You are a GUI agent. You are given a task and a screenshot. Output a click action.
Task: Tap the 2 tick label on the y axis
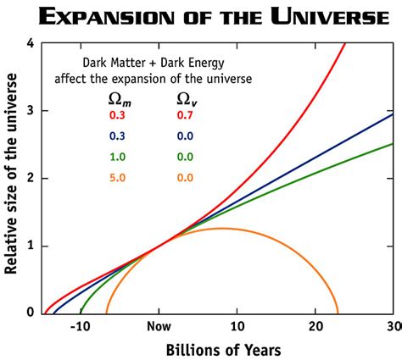[x=31, y=179]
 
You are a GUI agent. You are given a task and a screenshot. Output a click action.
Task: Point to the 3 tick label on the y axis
[x=31, y=111]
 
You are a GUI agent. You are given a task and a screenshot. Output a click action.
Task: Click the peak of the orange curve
[x=222, y=229]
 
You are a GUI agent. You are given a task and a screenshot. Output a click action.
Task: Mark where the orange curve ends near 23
[x=338, y=313]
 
